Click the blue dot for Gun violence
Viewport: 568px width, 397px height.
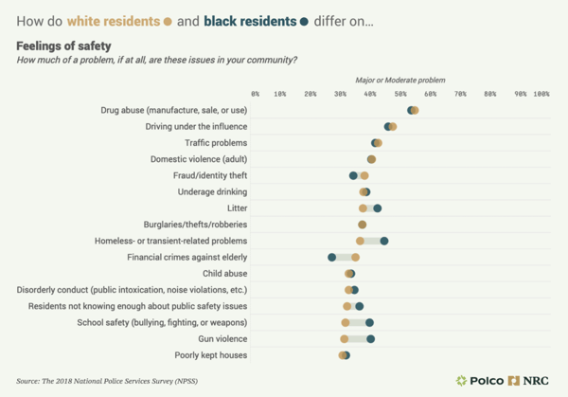370,338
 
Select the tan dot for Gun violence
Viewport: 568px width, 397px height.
345,338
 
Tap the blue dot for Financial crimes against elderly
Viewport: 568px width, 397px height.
331,257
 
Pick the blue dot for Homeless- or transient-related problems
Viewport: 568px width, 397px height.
383,241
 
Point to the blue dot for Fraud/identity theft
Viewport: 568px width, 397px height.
353,175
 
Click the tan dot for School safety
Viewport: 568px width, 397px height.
346,322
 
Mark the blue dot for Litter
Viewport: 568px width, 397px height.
377,208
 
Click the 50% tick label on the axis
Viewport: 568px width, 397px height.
401,94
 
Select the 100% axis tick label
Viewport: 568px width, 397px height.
541,94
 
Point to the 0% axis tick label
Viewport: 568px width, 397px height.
256,94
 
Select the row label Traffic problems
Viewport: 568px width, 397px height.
216,142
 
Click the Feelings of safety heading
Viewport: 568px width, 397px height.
63,45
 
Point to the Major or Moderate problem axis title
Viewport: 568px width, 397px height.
399,81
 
